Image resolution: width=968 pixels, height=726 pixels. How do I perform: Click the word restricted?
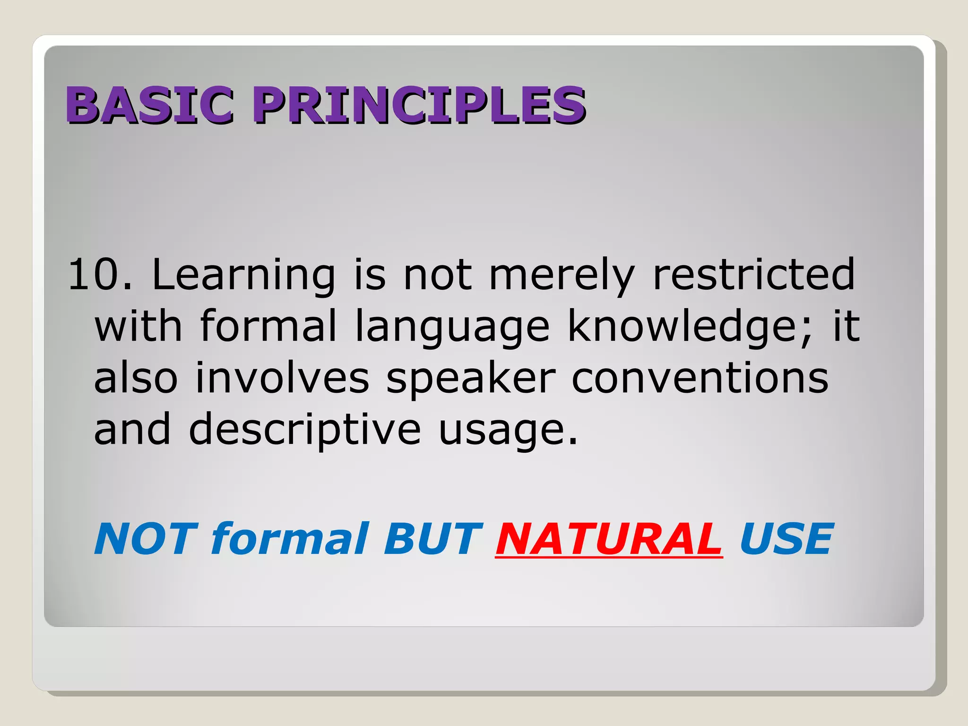[754, 275]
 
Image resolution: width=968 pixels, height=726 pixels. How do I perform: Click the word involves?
[282, 378]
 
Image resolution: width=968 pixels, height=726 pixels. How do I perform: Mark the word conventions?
[700, 378]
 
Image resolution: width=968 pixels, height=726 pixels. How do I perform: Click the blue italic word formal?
[289, 539]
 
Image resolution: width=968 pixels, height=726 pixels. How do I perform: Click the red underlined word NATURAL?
[609, 539]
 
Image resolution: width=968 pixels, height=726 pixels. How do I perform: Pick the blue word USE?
[786, 539]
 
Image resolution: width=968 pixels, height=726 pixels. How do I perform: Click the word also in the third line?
[136, 378]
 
